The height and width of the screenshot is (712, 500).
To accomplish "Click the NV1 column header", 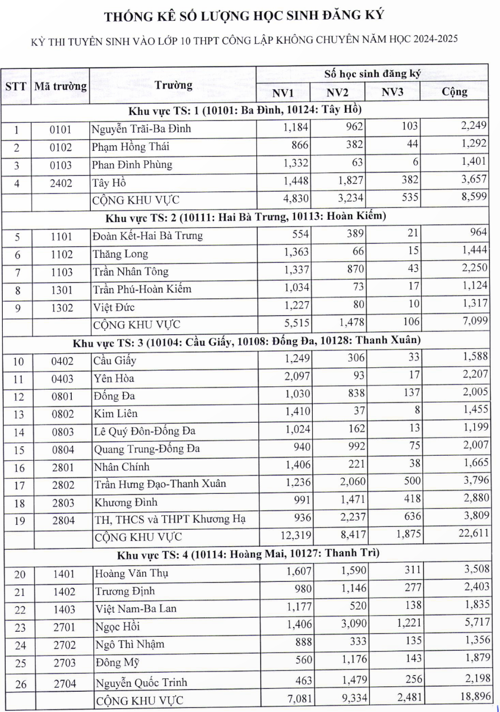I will [x=283, y=93].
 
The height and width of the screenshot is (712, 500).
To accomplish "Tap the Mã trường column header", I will [x=61, y=86].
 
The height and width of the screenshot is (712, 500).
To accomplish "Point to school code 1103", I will [x=62, y=272].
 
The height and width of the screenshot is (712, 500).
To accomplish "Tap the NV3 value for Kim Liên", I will [x=417, y=413].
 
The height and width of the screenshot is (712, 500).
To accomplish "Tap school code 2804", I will [x=63, y=520].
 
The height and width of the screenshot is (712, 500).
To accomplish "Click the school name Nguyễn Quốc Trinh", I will [x=141, y=682].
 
